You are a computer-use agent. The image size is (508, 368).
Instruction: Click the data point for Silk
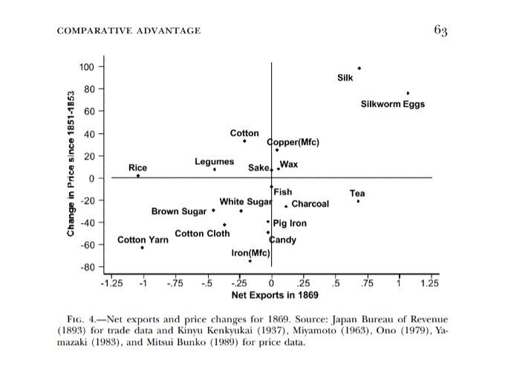[359, 68]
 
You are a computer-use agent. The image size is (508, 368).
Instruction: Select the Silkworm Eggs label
[392, 104]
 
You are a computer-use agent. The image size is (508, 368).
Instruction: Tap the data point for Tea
[358, 201]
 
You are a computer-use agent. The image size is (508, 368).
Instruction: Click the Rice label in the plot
[137, 168]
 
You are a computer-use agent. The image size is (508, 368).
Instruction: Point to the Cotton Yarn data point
[142, 248]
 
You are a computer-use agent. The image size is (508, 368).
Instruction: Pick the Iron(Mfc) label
[250, 254]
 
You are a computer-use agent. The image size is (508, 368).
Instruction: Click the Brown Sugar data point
[214, 210]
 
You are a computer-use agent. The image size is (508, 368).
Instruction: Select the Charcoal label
[310, 204]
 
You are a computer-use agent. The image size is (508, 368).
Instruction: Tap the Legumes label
[214, 161]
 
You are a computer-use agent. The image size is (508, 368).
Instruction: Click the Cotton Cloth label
[202, 233]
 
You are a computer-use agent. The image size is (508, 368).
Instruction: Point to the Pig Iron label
[290, 223]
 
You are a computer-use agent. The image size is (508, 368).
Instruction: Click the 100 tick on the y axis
[87, 68]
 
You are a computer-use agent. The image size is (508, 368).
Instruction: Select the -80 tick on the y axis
[87, 268]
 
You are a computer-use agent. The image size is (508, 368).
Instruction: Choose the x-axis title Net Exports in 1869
[270, 295]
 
